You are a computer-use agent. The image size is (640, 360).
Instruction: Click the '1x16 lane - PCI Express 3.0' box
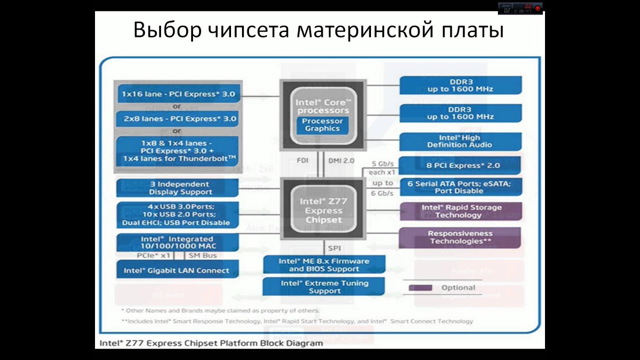point(178,93)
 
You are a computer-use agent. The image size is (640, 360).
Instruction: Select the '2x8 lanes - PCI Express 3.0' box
point(178,119)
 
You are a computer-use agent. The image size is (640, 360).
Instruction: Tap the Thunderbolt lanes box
point(178,151)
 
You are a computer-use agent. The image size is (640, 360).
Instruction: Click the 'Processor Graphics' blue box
point(322,125)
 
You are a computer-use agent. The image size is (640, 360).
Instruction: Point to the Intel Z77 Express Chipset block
point(323,210)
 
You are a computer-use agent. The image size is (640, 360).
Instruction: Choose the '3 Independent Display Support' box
point(178,188)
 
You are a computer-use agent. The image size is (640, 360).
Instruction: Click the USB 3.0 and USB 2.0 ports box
point(178,215)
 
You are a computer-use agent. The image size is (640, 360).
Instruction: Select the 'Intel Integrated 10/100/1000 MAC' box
point(178,243)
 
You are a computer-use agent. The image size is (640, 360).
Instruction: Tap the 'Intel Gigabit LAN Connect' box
point(178,270)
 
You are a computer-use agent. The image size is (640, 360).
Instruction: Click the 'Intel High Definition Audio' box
point(459,141)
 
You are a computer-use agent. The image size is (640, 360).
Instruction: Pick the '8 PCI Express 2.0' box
point(459,165)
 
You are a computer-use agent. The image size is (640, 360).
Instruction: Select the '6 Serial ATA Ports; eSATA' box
point(459,187)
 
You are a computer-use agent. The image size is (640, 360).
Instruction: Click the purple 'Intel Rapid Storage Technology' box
point(459,211)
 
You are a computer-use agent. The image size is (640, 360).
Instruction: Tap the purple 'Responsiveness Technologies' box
point(459,237)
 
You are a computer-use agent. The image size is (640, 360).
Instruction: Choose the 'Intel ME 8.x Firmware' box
point(324,265)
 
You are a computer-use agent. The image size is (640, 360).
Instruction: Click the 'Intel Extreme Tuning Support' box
point(324,287)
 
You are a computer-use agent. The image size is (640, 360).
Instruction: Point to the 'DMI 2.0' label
point(341,160)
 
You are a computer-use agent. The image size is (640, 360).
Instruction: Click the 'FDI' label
point(302,160)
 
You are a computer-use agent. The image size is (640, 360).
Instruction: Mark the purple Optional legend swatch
point(420,288)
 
